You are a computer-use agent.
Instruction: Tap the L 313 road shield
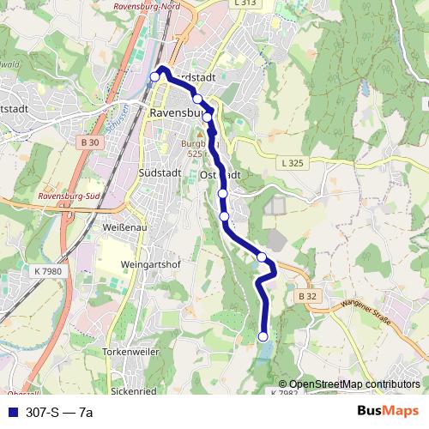pos(245,3)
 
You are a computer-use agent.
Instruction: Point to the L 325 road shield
pos(293,162)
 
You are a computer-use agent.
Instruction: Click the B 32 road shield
pos(309,296)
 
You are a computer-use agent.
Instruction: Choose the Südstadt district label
pos(156,173)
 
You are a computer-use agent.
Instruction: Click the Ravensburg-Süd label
pos(70,197)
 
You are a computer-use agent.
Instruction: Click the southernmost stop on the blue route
pos(263,336)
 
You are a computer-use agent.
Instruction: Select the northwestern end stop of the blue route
pos(155,77)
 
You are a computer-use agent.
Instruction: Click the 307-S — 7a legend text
pos(59,413)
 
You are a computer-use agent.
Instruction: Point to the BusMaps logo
pos(387,411)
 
